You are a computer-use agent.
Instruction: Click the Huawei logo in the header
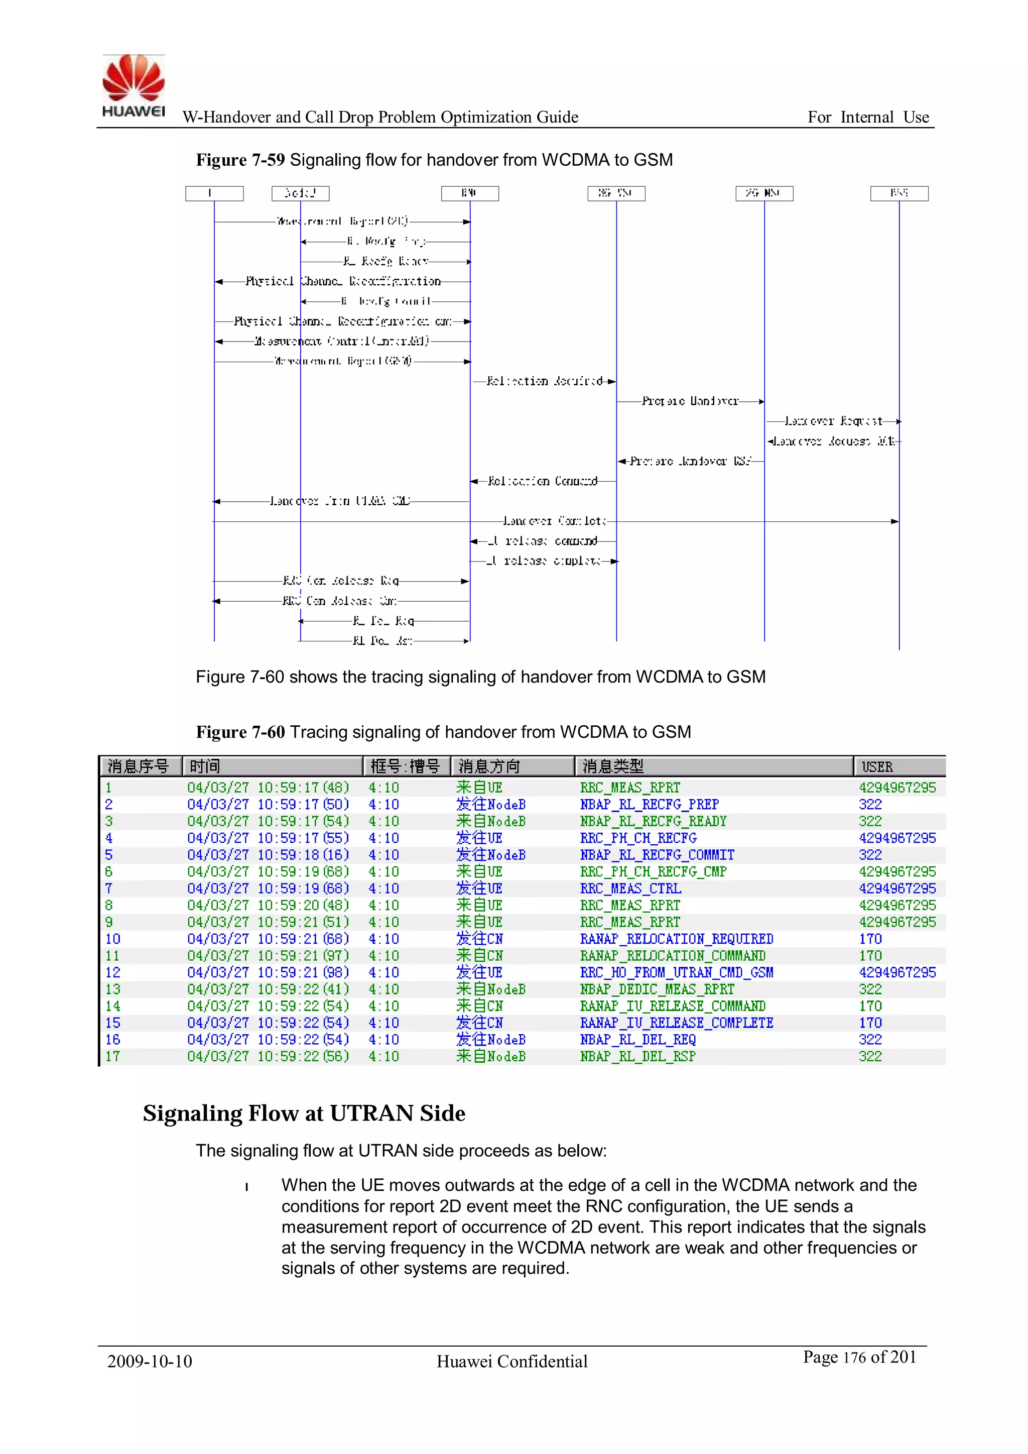pyautogui.click(x=134, y=86)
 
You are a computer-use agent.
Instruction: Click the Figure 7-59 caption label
pyautogui.click(x=240, y=160)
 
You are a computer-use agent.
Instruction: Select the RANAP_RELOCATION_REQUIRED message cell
pyautogui.click(x=676, y=939)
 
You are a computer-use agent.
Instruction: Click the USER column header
pyautogui.click(x=877, y=767)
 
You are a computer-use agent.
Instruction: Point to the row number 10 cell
pyautogui.click(x=112, y=939)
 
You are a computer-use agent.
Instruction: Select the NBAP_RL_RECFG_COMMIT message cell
pyautogui.click(x=657, y=855)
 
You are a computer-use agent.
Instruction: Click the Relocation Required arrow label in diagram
pyautogui.click(x=545, y=381)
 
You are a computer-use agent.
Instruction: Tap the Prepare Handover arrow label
pyautogui.click(x=690, y=401)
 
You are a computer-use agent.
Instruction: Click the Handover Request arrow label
pyautogui.click(x=833, y=421)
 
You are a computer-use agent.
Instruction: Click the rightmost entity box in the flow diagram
pyautogui.click(x=899, y=193)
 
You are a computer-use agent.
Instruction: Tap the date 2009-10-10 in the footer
pyautogui.click(x=150, y=1362)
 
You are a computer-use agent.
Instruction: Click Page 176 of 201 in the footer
pyautogui.click(x=859, y=1357)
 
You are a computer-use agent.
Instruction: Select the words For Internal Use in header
pyautogui.click(x=868, y=117)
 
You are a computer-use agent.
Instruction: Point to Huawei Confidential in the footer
pyautogui.click(x=511, y=1362)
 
